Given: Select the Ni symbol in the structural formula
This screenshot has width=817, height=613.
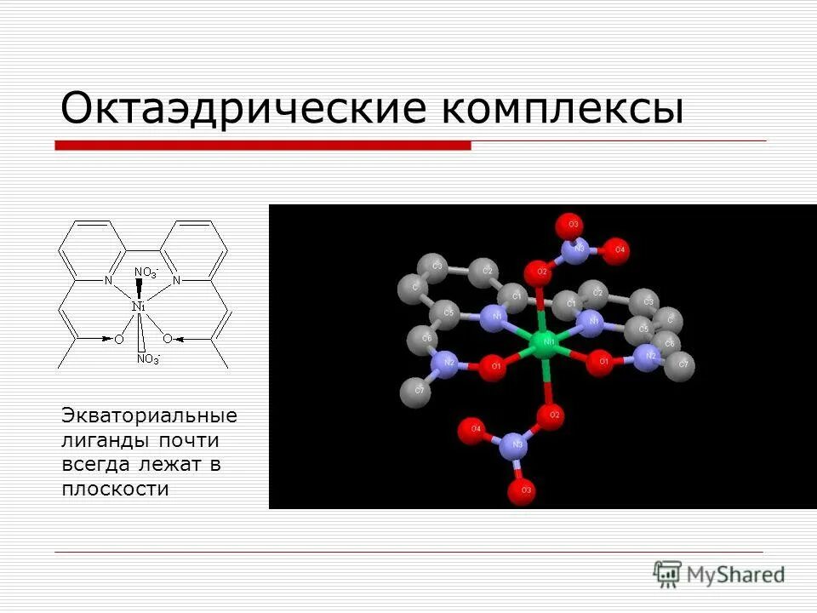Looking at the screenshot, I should coord(139,306).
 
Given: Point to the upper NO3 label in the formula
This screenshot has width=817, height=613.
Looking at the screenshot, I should coord(146,272).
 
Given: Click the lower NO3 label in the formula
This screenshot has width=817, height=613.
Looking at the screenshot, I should coord(147,359).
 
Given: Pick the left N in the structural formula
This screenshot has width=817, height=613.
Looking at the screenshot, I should coord(108,280).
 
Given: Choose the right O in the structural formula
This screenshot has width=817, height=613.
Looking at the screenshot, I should coord(168,339).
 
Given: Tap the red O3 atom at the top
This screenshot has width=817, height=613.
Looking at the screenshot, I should coord(568,226).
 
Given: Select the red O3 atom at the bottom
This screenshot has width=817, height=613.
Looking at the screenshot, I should coord(520,491).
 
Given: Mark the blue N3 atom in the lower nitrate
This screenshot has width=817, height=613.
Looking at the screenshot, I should coord(512,445).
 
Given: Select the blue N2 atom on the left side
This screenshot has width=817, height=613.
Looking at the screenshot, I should coord(446,365).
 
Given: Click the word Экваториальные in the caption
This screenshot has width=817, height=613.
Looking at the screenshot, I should coord(150,416).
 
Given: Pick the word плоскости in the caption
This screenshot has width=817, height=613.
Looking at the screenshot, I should coord(115,489).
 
